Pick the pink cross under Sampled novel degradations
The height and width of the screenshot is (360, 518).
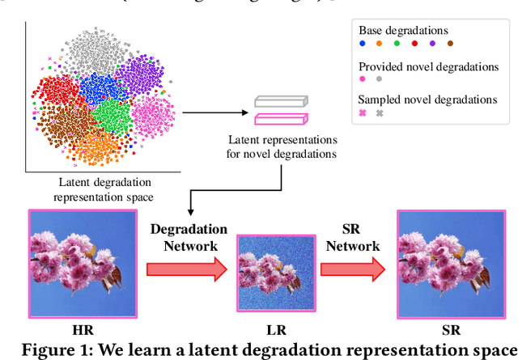click(x=363, y=113)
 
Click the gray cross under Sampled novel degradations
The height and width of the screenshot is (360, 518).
click(x=380, y=113)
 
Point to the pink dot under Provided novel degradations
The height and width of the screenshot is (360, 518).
click(x=363, y=78)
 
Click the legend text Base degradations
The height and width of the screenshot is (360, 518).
click(x=403, y=30)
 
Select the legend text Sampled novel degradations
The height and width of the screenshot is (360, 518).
click(x=428, y=100)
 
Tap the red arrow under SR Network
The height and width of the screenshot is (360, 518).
click(x=353, y=269)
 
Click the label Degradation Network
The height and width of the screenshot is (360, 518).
click(x=189, y=237)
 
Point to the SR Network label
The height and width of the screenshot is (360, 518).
click(x=353, y=237)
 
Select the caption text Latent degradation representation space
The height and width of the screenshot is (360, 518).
click(x=103, y=190)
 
